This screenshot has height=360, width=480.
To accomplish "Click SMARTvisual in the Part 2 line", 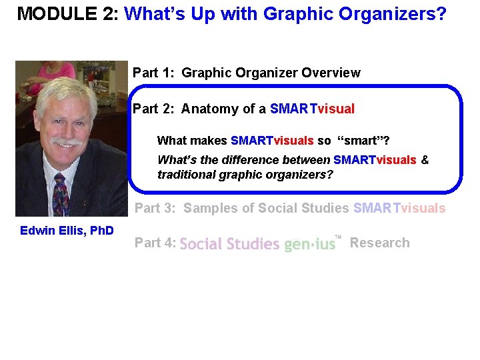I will [x=313, y=109].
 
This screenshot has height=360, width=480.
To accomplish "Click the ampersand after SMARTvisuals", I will [x=425, y=160].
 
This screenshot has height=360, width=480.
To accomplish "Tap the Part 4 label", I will [x=155, y=243].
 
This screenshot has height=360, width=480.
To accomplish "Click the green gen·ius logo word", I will [x=309, y=245].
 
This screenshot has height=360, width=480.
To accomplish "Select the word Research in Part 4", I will [x=380, y=243].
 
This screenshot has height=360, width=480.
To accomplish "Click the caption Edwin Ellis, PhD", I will [x=67, y=231].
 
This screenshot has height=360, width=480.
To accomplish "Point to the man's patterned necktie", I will [x=61, y=193].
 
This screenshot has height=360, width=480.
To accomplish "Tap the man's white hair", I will [x=67, y=93].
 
